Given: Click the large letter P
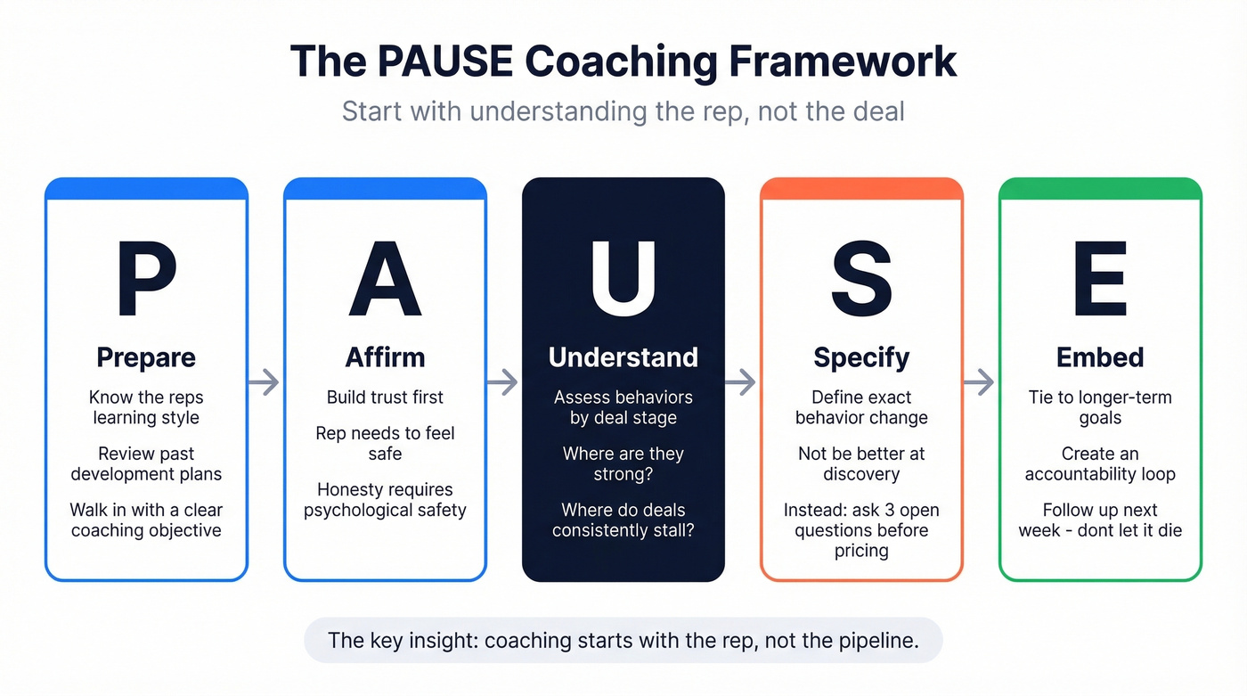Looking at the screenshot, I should [x=147, y=278].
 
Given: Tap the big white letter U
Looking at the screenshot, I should [x=623, y=278].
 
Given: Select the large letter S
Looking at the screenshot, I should [x=861, y=278].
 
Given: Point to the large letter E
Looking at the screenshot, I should [x=1100, y=278].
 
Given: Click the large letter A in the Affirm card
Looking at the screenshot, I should [x=385, y=278].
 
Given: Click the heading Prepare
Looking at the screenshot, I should [x=146, y=357].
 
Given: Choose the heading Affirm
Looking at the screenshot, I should [x=385, y=357].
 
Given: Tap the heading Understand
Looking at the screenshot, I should [x=623, y=357].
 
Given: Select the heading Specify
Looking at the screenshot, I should [x=861, y=357].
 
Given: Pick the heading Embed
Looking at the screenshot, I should [x=1100, y=357].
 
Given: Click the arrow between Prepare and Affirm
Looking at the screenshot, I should [x=264, y=382].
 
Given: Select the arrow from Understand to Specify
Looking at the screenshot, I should [x=741, y=382].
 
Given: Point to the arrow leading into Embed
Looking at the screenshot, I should [x=980, y=382].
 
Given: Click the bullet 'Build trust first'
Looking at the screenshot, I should [x=385, y=397].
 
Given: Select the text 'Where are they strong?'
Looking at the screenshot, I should [x=623, y=463].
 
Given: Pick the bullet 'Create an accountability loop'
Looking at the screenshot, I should [x=1100, y=463].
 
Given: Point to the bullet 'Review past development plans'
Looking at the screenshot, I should [x=146, y=463].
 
